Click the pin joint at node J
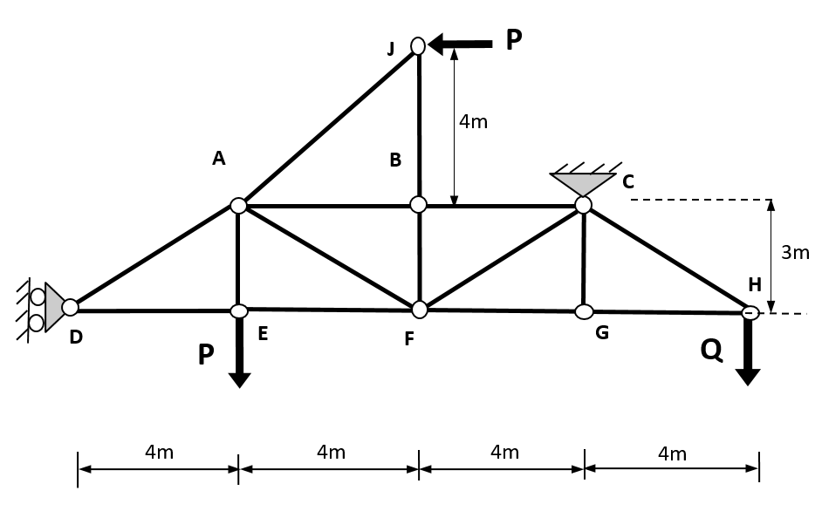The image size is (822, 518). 418,45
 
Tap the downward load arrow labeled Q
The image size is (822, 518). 748,353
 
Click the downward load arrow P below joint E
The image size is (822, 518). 239,353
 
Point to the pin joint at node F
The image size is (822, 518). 420,310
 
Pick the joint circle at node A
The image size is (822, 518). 238,206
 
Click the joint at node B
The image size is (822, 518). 419,204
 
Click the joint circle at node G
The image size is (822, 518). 585,311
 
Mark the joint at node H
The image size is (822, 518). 750,312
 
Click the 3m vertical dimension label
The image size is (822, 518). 795,253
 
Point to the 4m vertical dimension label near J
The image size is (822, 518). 474,122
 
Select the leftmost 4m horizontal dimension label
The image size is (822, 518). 159,453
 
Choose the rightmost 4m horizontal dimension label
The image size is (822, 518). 672,454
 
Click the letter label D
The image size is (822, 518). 76,337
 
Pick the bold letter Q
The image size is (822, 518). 711,350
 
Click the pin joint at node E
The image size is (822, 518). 239,311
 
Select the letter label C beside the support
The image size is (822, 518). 628,182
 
